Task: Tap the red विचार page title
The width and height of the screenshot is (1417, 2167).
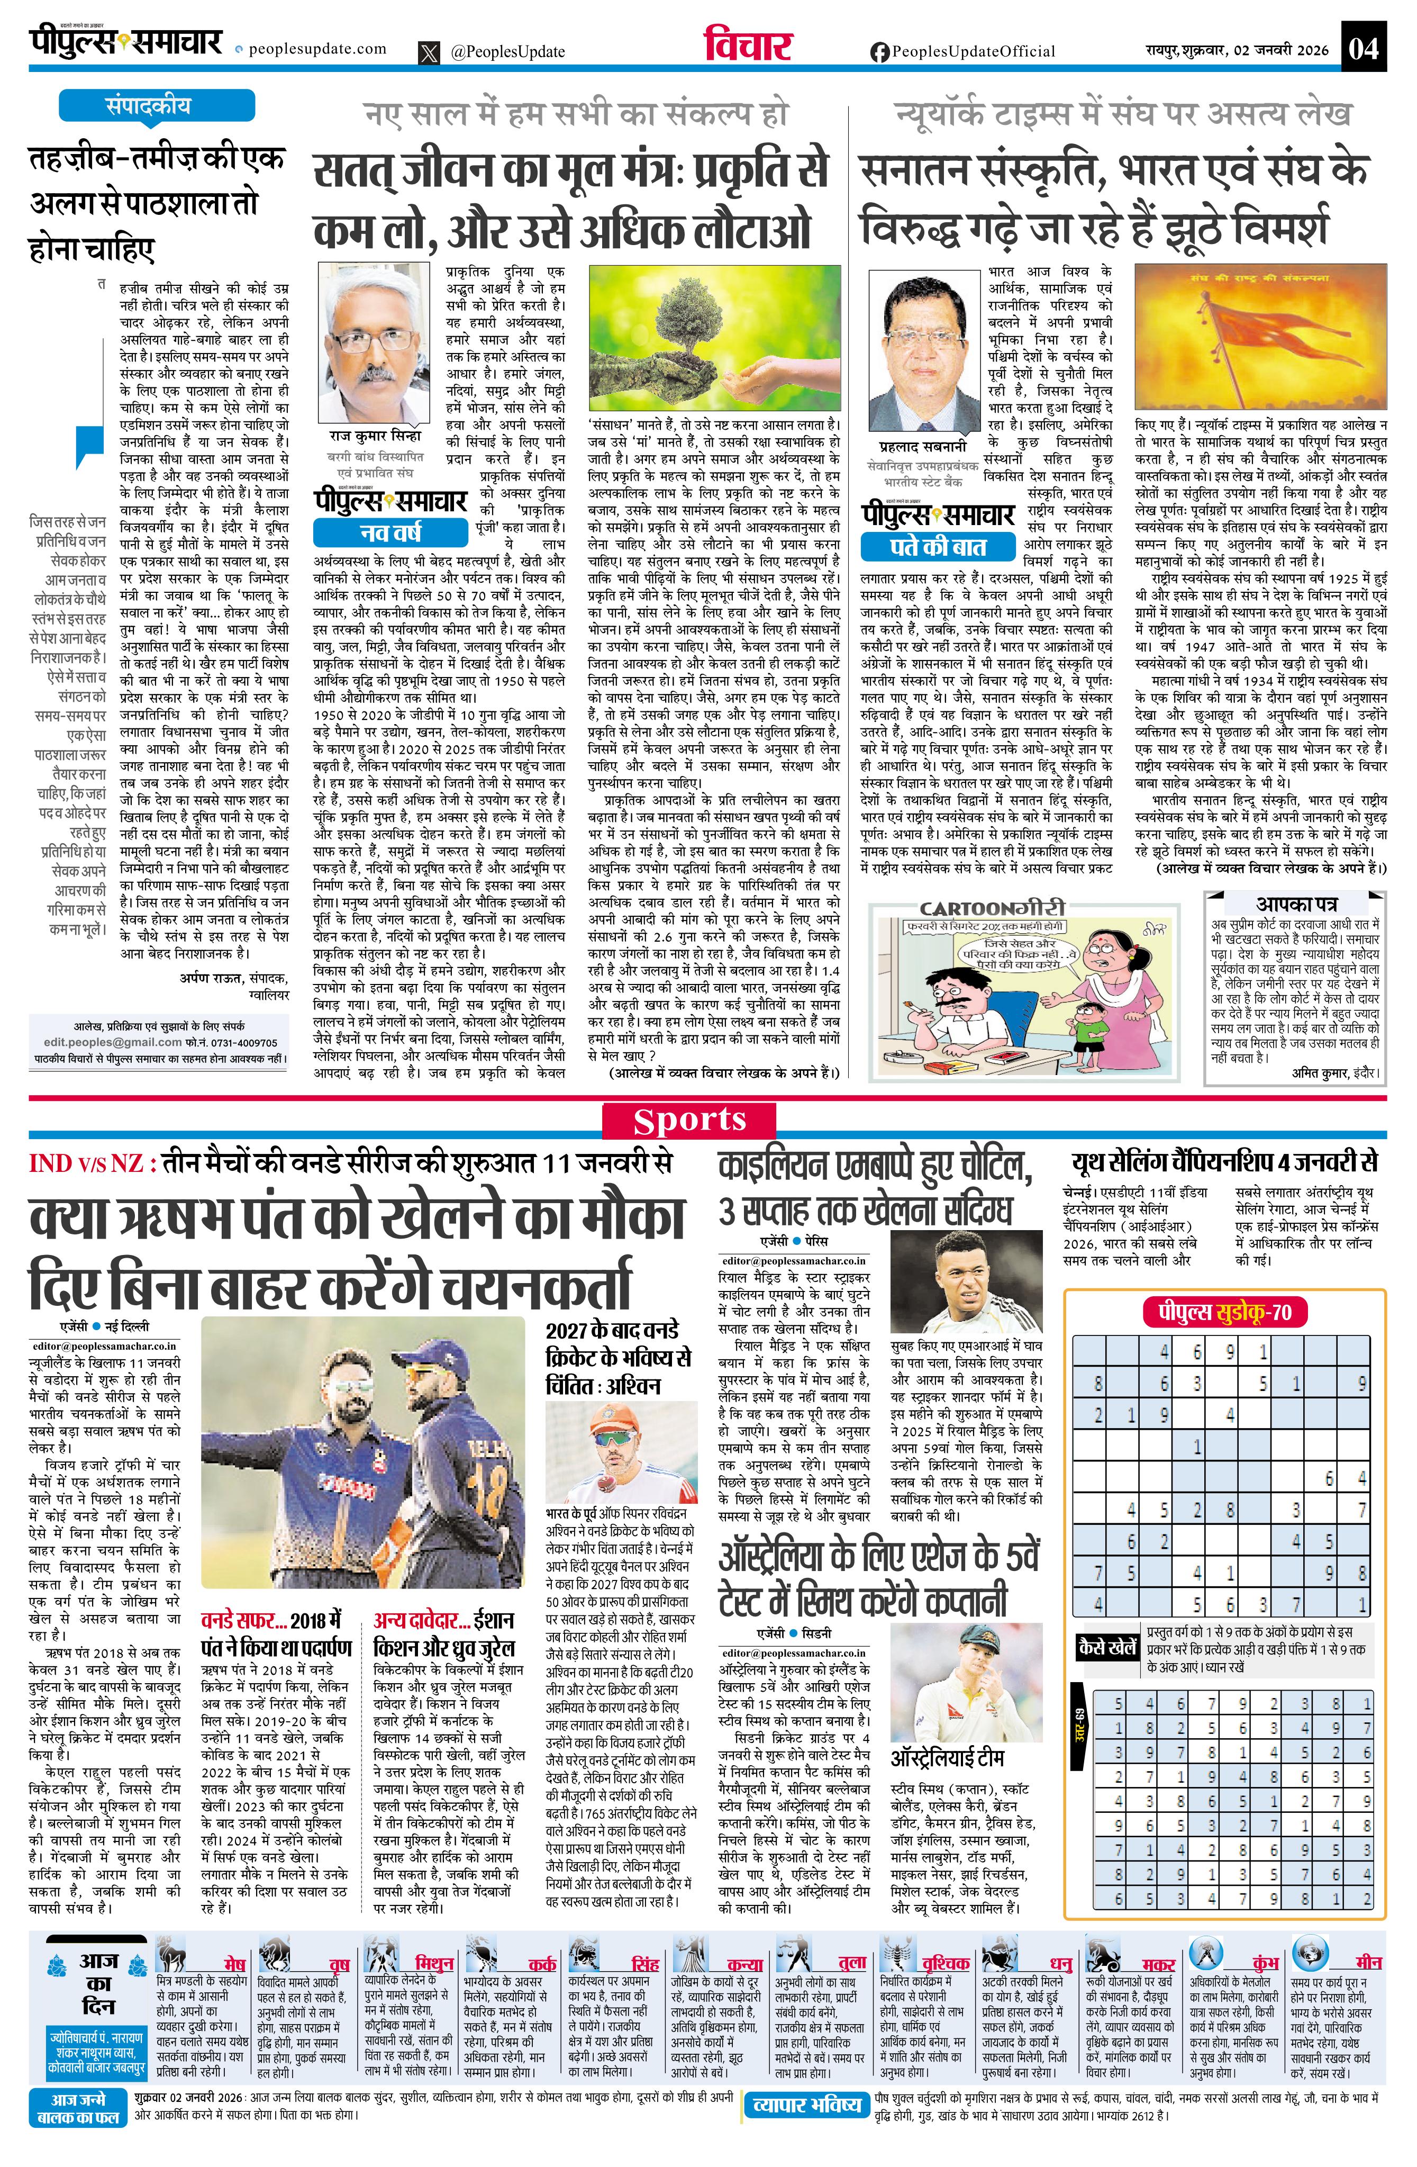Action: [748, 46]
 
